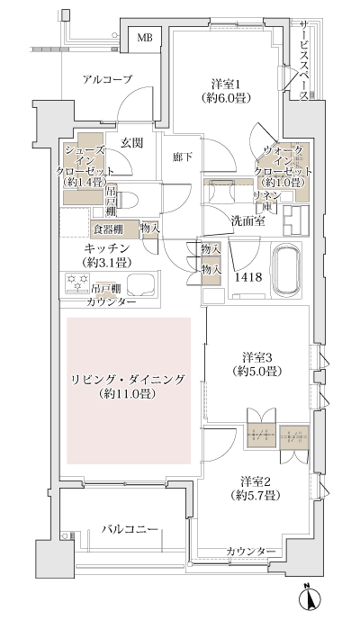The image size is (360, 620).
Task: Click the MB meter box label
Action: (144, 38)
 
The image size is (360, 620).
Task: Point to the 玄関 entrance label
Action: (132, 140)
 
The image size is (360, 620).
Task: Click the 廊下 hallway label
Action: (182, 157)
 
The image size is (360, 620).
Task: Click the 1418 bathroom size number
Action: (248, 278)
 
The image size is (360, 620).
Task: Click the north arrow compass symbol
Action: (309, 597)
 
